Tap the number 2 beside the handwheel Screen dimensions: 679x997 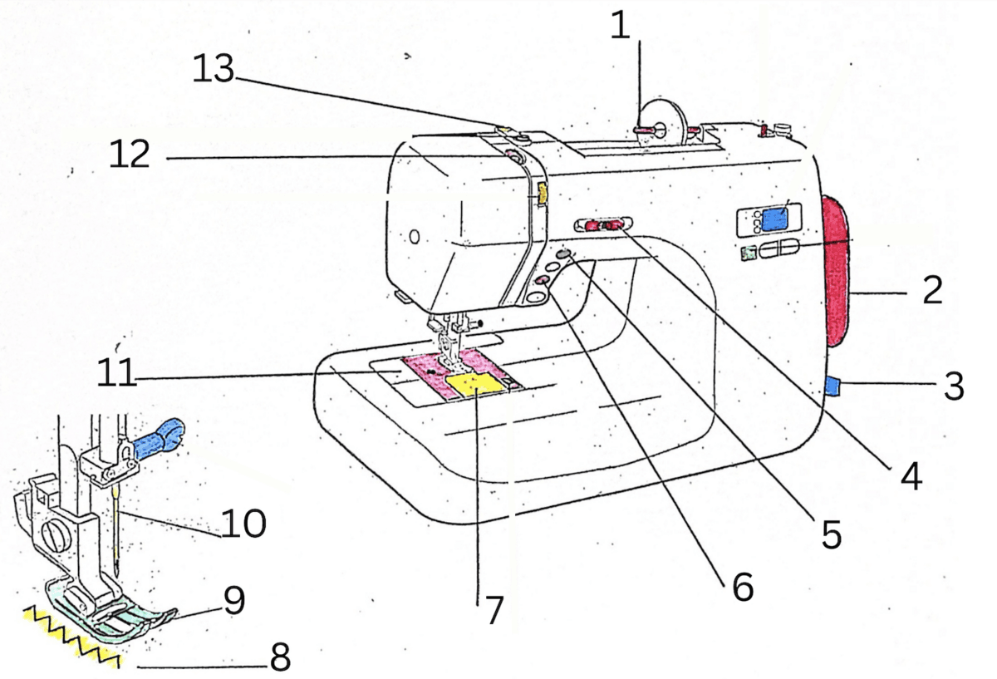(932, 291)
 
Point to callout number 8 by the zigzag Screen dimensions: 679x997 (279, 659)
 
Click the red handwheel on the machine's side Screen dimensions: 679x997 (837, 271)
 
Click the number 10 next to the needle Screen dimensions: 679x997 (243, 524)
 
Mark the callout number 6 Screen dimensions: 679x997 (742, 587)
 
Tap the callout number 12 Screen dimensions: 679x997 (130, 155)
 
